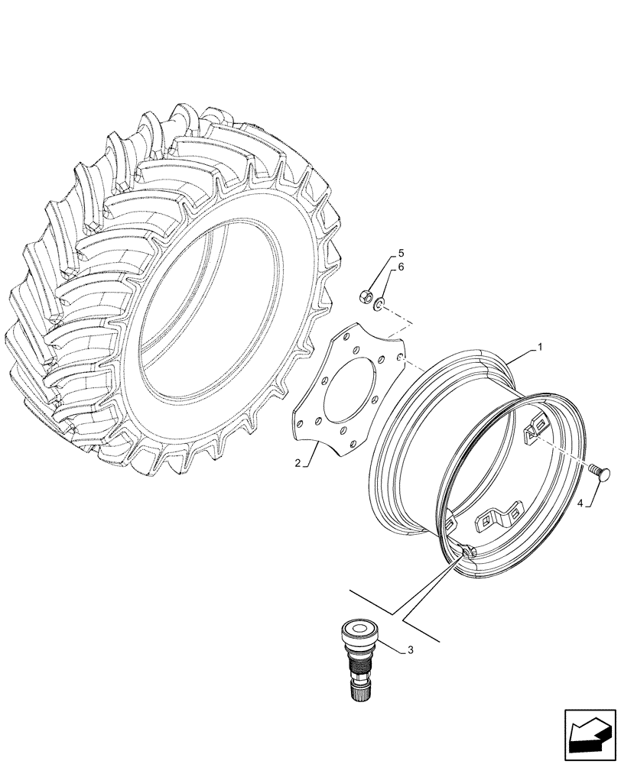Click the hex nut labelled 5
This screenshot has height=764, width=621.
(x=366, y=293)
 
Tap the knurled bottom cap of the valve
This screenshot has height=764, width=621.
(x=356, y=688)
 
